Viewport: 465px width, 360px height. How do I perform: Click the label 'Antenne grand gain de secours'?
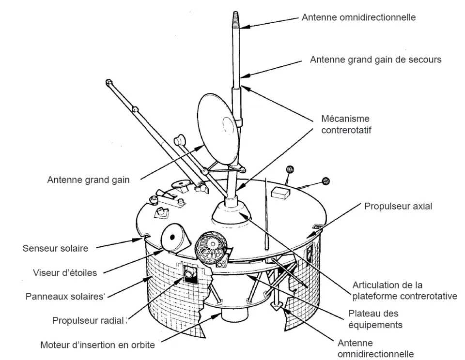[375, 60]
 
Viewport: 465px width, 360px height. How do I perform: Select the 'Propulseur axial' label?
[398, 207]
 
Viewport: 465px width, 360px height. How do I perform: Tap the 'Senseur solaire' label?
[55, 249]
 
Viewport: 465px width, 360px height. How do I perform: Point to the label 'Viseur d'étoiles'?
[65, 272]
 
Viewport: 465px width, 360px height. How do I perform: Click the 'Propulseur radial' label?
[90, 320]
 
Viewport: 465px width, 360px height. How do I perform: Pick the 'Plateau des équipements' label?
[375, 319]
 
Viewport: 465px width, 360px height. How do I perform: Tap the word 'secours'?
[426, 60]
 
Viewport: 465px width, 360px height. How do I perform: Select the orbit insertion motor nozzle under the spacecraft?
[234, 320]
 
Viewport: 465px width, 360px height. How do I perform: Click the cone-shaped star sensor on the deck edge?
[174, 237]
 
